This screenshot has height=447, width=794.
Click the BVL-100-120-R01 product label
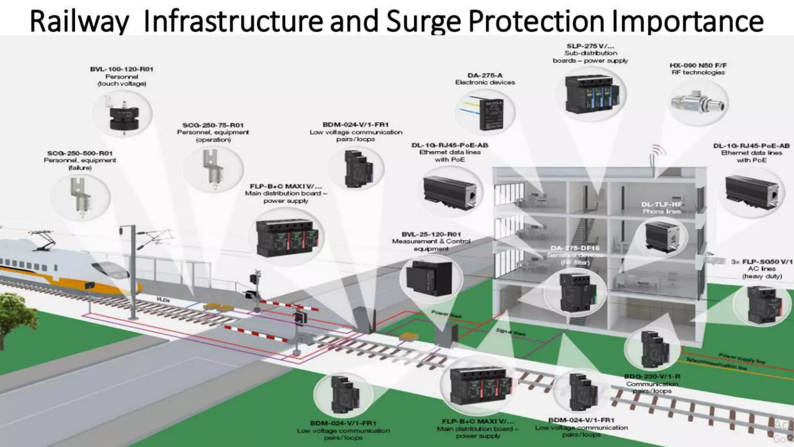click(122, 69)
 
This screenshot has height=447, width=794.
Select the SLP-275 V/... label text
click(590, 46)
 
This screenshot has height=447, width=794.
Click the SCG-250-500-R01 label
click(80, 153)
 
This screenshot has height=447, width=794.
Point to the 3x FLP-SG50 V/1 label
click(761, 262)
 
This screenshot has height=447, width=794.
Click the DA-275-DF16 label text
click(575, 248)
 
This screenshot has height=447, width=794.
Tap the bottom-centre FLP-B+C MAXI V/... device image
click(479, 386)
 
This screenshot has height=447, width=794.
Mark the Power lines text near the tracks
click(446, 314)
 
